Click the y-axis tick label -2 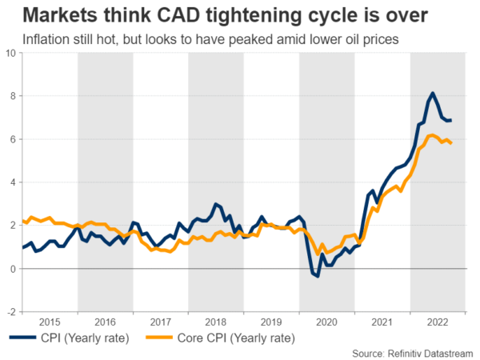point(10,312)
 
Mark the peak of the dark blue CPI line point(433,94)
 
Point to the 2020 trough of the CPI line point(317,276)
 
